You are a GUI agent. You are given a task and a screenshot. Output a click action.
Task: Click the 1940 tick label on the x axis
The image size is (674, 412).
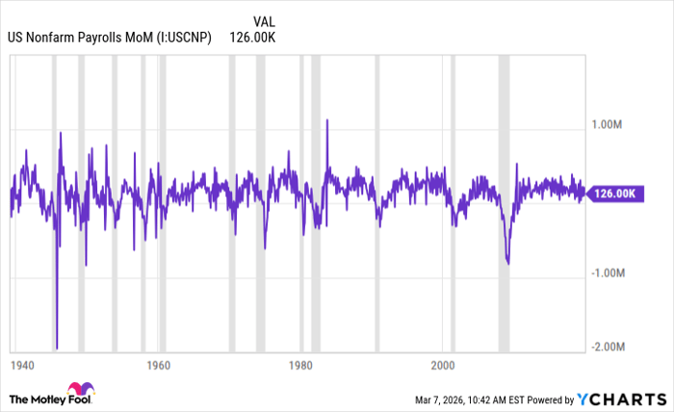click(22, 366)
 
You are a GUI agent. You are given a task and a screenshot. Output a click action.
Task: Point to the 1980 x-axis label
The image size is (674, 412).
click(301, 366)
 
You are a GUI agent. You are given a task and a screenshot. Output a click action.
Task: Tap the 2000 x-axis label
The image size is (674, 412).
click(443, 366)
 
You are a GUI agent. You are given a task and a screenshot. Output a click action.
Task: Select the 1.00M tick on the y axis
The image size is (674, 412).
click(608, 124)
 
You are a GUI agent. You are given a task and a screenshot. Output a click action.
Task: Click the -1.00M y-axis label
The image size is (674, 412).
click(608, 272)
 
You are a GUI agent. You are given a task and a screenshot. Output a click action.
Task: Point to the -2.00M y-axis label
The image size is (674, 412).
click(608, 347)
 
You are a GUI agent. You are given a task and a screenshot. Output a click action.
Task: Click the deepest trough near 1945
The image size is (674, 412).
click(57, 348)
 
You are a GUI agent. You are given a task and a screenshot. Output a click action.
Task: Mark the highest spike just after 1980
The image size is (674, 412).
click(327, 120)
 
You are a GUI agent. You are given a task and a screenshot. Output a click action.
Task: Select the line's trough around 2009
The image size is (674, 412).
click(507, 263)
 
